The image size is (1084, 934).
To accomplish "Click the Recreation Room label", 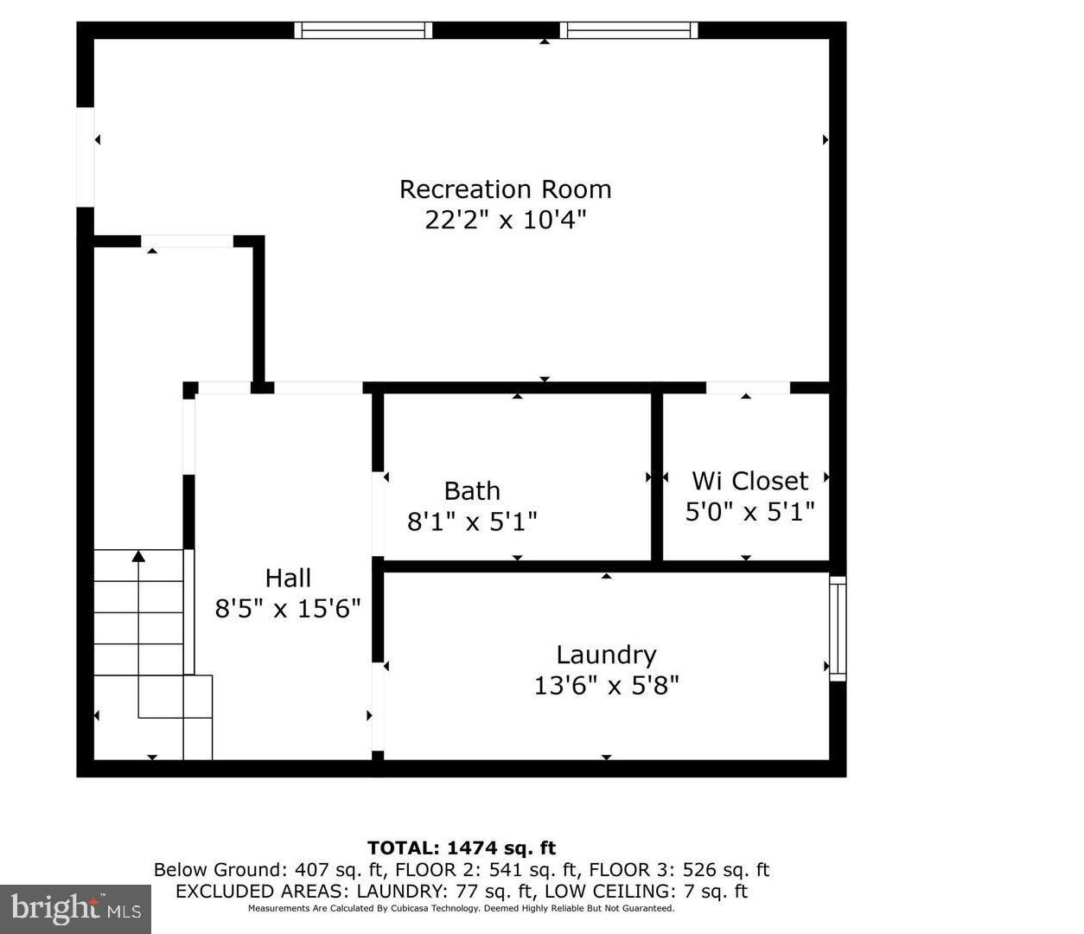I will (505, 189).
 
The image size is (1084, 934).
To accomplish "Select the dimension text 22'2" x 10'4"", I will (505, 220).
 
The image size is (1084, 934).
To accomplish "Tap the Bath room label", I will (472, 491).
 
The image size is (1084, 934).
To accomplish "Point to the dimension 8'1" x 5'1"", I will (472, 521).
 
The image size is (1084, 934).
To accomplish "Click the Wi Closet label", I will (749, 481).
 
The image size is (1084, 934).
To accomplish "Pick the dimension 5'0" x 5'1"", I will (749, 512).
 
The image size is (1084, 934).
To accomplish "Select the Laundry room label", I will (606, 655).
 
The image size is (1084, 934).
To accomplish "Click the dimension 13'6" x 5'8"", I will (606, 686).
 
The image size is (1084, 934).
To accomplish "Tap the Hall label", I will (288, 578).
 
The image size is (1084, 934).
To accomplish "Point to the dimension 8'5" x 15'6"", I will (288, 609).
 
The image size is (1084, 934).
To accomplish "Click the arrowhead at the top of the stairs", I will (138, 556).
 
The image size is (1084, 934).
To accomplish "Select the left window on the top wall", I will (362, 30).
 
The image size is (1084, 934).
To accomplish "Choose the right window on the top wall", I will (628, 30).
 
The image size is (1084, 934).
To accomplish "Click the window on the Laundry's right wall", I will (837, 628).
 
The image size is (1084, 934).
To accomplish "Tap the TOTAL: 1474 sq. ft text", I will (462, 848).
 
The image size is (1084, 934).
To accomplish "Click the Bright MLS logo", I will (75, 909).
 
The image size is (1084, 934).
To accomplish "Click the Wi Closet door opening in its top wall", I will (748, 387).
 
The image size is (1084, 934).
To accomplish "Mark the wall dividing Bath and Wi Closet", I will (657, 476).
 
